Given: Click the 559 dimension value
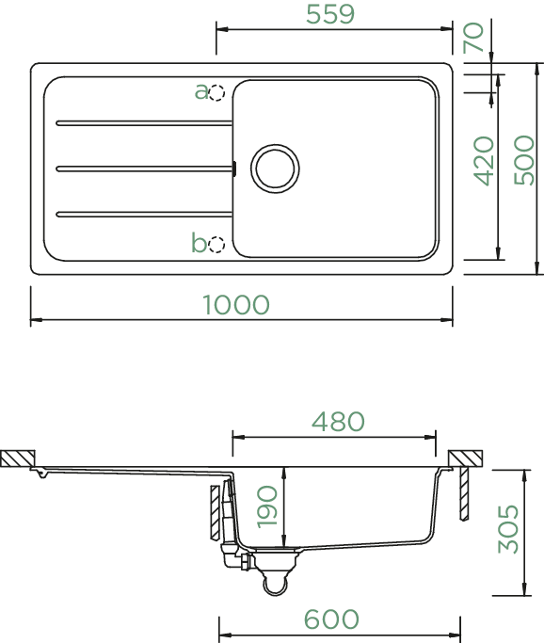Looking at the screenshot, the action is [330, 14].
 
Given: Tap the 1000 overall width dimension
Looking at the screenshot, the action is [236, 305].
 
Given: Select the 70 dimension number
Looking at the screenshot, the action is [473, 38].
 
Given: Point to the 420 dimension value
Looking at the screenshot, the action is [484, 161].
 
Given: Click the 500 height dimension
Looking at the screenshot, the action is [524, 160].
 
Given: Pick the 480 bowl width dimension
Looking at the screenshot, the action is [338, 421].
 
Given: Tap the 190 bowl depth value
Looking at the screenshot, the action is [267, 506].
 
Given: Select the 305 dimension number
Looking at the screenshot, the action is [508, 528].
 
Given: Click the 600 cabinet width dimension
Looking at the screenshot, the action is [331, 619].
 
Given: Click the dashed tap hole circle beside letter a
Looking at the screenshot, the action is [216, 92].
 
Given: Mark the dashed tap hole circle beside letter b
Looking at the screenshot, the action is [216, 245].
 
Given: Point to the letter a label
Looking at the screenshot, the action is [200, 92].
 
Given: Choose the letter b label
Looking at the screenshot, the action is [199, 242].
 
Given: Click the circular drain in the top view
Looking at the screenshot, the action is [275, 169].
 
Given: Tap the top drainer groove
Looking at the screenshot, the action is [144, 123].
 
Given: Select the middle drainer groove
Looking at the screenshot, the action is [144, 169].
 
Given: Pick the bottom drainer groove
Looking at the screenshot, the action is [144, 214].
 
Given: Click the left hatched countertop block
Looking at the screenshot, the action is [18, 458].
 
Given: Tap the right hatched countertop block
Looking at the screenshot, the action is [465, 458].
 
